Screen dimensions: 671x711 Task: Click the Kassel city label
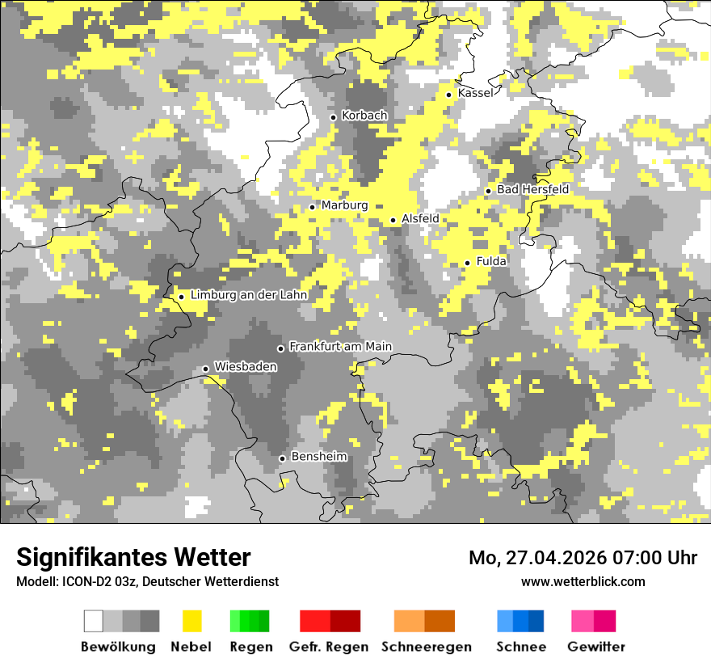(x=475, y=94)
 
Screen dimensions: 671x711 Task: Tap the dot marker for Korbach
(x=333, y=117)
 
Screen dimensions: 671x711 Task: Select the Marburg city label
(x=344, y=206)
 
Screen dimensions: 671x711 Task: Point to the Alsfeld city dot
(x=393, y=220)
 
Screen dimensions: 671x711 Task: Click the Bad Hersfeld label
(x=532, y=190)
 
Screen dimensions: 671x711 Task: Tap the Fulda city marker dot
(x=467, y=263)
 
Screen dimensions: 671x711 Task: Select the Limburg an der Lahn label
(x=249, y=296)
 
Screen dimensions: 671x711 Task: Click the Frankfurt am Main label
(x=340, y=347)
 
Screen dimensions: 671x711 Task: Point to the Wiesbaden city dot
(x=206, y=369)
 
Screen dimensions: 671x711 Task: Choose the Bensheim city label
(x=318, y=457)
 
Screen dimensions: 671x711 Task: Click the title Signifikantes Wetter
(x=133, y=558)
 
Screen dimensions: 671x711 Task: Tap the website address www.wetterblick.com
(x=583, y=582)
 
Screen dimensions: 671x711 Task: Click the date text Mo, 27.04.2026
(x=536, y=558)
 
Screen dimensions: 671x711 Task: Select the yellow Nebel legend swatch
(x=191, y=621)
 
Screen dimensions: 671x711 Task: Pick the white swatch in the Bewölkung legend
(x=94, y=621)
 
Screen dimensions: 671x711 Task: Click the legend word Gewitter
(x=596, y=647)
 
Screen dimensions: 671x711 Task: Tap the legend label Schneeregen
(x=426, y=647)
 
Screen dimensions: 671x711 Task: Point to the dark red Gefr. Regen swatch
(x=345, y=621)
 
